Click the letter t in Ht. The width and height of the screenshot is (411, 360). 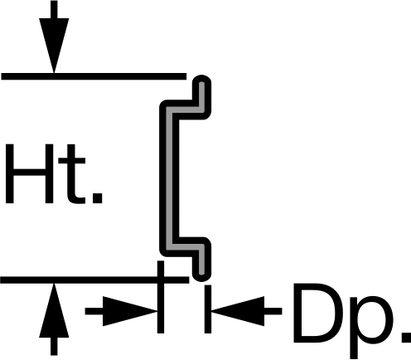click(x=72, y=174)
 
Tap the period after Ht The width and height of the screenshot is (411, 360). click(x=97, y=198)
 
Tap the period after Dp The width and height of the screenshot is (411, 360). click(x=407, y=338)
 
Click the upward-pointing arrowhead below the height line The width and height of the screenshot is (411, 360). click(x=54, y=310)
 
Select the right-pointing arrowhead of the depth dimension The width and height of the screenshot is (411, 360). click(x=130, y=311)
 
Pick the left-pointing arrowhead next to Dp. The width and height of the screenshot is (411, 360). click(x=238, y=311)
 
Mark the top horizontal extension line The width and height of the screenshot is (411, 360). click(x=94, y=76)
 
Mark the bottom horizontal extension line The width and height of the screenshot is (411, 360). click(x=94, y=280)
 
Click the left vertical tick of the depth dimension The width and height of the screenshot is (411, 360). click(x=161, y=297)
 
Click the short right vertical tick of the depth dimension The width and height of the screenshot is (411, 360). click(x=208, y=309)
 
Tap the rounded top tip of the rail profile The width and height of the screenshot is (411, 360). click(x=201, y=80)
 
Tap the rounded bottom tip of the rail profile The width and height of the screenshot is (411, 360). click(x=202, y=275)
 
